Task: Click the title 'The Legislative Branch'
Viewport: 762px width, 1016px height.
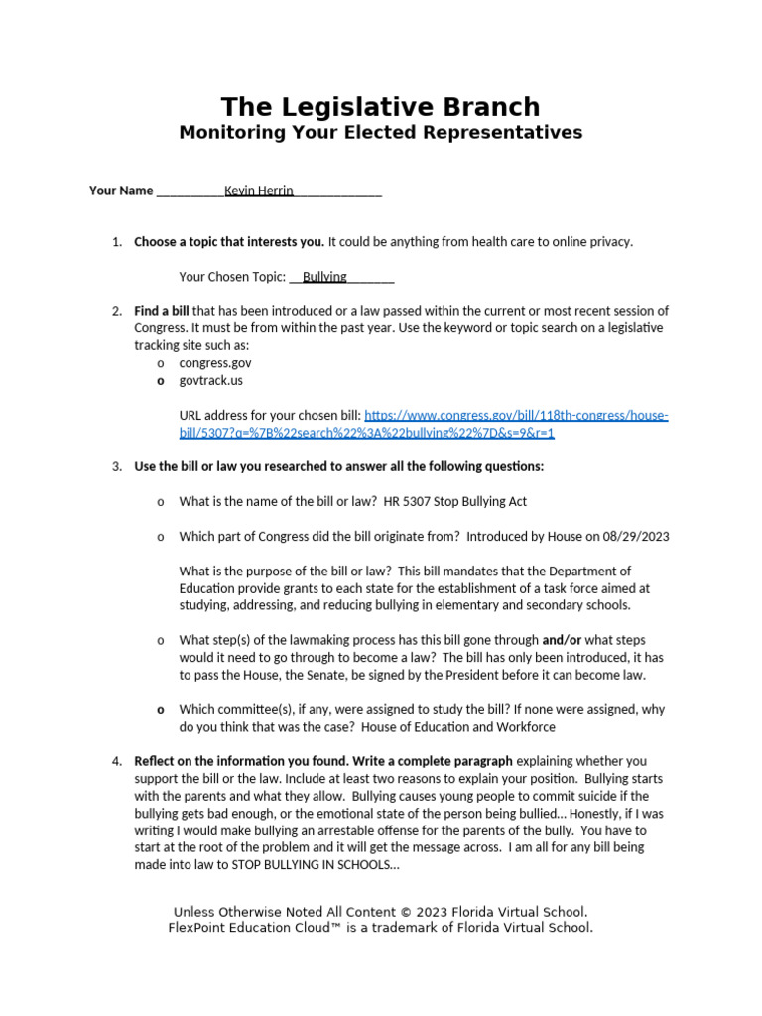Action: (380, 107)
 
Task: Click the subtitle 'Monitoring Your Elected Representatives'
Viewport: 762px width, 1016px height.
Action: (380, 133)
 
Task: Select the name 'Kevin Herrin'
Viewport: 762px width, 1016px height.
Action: (259, 190)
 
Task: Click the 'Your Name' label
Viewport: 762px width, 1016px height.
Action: (121, 190)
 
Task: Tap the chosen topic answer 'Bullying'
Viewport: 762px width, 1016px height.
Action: (324, 277)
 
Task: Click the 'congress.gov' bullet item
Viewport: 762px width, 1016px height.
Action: (214, 363)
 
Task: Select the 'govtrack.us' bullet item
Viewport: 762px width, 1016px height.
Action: (210, 380)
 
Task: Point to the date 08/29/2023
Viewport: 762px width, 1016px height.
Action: (634, 537)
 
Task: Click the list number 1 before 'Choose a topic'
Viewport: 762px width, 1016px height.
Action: (115, 242)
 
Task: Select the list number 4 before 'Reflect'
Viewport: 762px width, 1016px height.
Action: (115, 761)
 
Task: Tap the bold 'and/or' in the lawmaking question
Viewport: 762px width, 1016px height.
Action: (563, 640)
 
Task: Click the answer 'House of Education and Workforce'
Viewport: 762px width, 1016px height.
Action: (458, 727)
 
